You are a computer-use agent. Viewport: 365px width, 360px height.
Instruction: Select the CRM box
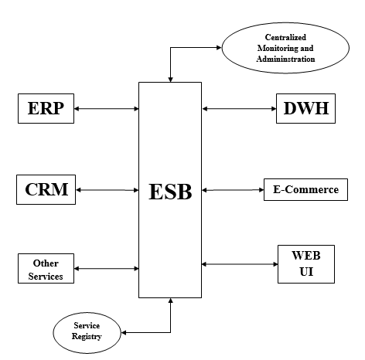[46, 190]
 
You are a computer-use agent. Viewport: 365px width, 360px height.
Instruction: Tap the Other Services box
[46, 269]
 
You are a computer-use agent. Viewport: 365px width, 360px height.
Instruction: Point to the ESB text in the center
[170, 191]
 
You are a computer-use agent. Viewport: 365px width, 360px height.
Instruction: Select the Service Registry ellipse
[87, 331]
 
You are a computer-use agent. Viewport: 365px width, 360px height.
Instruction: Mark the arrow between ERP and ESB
[107, 109]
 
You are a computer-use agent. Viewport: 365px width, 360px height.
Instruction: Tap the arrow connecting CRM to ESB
[107, 190]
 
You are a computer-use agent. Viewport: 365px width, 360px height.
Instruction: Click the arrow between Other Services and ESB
[107, 269]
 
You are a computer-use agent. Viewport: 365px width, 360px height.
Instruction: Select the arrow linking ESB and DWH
[239, 109]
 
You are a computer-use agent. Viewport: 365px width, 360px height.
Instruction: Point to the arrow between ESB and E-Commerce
[232, 189]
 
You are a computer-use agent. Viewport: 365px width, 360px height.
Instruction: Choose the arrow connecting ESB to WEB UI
[239, 264]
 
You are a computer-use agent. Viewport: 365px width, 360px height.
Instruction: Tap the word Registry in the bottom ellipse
[87, 337]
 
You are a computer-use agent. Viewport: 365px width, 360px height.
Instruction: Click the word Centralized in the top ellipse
[285, 37]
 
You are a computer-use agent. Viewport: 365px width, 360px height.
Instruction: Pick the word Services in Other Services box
[46, 275]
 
